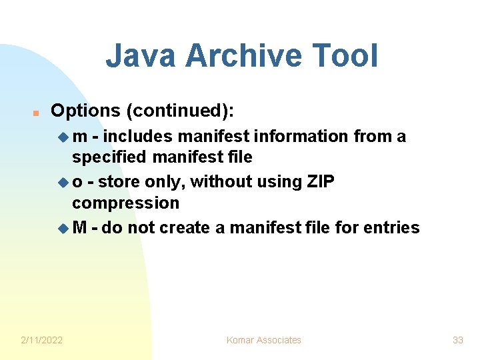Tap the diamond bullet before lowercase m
tap(63, 137)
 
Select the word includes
tap(137, 137)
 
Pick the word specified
tap(110, 157)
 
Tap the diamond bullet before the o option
tap(63, 183)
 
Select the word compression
tap(126, 203)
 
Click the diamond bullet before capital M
tap(63, 229)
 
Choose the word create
tap(185, 228)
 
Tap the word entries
tap(391, 228)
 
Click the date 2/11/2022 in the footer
tap(41, 340)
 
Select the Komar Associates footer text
tap(263, 340)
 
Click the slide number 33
tap(457, 340)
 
